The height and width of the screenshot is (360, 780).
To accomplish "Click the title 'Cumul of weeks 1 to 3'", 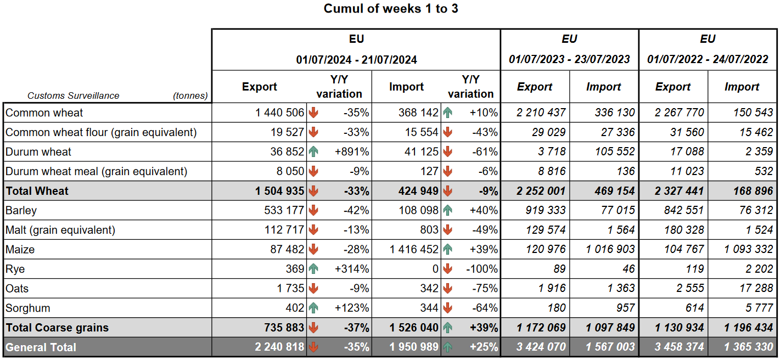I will pyautogui.click(x=390, y=9).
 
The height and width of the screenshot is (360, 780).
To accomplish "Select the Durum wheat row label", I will pyautogui.click(x=38, y=152).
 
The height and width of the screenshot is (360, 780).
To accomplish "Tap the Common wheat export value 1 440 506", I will pyautogui.click(x=279, y=113).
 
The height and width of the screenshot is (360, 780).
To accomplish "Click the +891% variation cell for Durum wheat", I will pyautogui.click(x=352, y=152).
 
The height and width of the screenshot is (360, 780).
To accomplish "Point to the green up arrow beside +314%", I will pyautogui.click(x=313, y=269).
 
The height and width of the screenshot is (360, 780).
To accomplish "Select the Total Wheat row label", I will pyautogui.click(x=37, y=191).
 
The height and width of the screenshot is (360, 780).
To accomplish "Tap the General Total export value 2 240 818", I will pyautogui.click(x=279, y=347).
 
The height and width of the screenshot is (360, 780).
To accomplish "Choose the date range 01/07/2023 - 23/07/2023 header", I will pyautogui.click(x=569, y=59).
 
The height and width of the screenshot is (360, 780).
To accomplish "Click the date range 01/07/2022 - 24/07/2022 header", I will pyautogui.click(x=708, y=59).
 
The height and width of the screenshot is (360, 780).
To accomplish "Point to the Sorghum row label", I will pyautogui.click(x=27, y=308).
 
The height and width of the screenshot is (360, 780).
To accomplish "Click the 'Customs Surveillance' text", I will pyautogui.click(x=73, y=95).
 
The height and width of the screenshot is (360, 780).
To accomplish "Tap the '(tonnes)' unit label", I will pyautogui.click(x=190, y=95).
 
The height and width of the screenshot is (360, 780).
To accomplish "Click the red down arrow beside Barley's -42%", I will pyautogui.click(x=313, y=210).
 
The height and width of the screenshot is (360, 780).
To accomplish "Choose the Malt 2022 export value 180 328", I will pyautogui.click(x=681, y=230).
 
